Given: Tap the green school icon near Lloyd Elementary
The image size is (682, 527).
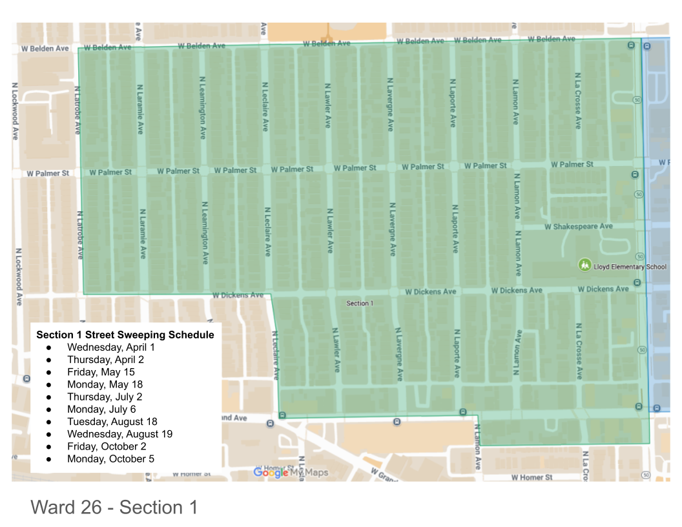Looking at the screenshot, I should coord(584,265).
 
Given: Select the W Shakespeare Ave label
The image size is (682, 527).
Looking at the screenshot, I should coord(578,227).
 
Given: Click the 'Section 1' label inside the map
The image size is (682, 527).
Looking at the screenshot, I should coord(360,304).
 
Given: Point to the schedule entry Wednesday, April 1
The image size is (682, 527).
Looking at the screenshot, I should coord(111,347).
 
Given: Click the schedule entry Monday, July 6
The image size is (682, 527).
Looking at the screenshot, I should coord(101,409).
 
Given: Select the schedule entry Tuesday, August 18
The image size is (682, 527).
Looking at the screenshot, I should coord(112,422).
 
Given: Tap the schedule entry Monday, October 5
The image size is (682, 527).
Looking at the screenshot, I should coord(110,459).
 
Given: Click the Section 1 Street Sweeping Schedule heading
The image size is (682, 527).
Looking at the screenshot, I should coord(125,335).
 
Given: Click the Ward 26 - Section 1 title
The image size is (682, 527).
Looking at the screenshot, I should coord(114,508).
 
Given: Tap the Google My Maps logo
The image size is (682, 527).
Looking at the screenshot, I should coord(291,473).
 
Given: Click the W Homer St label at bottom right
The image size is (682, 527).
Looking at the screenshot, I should coord(532,477).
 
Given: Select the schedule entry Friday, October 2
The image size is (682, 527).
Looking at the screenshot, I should coord(107,446).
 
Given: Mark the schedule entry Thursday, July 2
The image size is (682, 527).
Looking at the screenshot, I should coord(105,397).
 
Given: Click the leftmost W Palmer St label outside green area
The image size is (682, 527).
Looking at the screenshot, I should coord(48,174).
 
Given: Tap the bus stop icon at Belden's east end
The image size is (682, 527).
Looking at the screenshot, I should coord(631,44).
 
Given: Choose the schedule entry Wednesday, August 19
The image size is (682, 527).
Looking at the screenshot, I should coord(119,434).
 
